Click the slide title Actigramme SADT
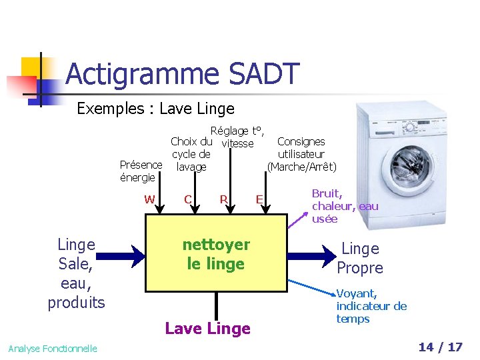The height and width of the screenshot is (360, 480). click(x=183, y=74)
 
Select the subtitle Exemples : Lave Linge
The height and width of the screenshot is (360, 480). click(x=155, y=109)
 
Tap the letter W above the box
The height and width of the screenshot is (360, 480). click(x=149, y=199)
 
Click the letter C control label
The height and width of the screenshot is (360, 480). click(x=188, y=199)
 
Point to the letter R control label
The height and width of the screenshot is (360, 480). click(x=224, y=199)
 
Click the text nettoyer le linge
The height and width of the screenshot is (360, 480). click(x=216, y=254)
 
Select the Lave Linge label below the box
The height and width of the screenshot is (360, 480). click(x=207, y=328)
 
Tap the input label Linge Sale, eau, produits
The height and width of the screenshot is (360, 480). click(x=76, y=273)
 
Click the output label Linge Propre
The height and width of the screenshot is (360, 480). click(x=360, y=258)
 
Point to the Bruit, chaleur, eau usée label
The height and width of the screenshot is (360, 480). click(x=345, y=206)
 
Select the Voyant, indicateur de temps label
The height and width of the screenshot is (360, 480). click(x=371, y=306)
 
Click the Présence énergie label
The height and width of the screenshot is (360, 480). click(x=140, y=171)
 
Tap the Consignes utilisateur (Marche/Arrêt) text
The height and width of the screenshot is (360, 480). click(x=301, y=154)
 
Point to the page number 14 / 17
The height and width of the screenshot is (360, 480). click(x=440, y=347)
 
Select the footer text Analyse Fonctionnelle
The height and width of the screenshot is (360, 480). click(x=53, y=348)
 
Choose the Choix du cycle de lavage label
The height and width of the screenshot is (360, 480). click(x=191, y=154)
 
